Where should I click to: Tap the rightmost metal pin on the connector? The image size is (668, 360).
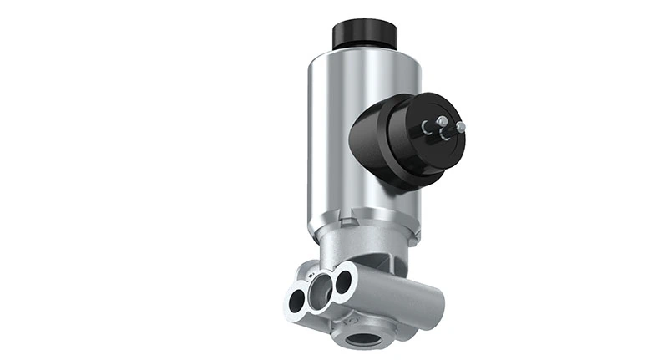460,128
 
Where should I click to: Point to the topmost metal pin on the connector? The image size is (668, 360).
442,121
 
